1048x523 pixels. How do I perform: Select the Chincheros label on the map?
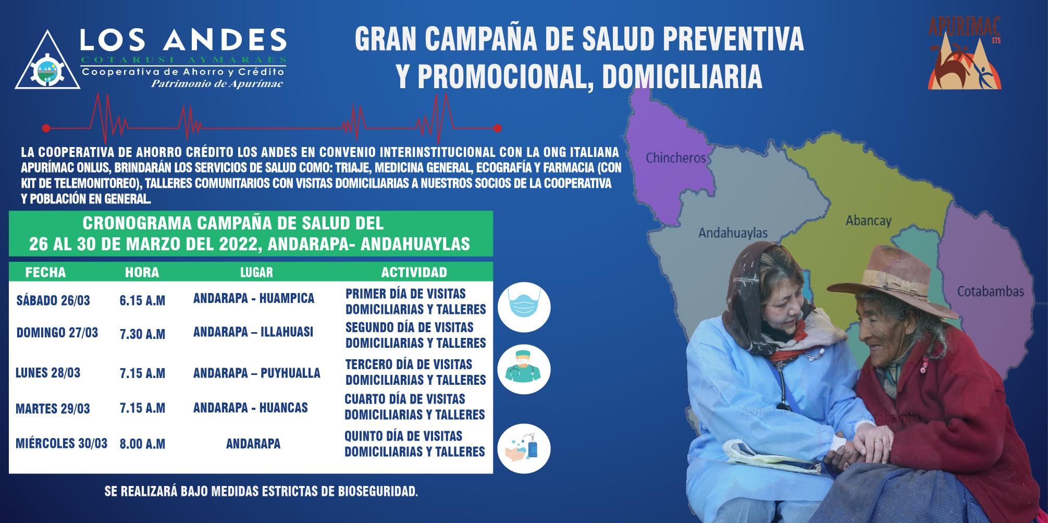(675, 157)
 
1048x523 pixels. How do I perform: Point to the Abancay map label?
(868, 221)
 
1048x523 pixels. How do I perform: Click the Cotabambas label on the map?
(990, 291)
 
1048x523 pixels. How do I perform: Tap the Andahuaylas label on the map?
(733, 233)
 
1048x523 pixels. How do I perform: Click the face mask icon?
(524, 307)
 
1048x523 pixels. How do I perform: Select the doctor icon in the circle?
(524, 369)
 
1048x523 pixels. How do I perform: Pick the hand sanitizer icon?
(524, 449)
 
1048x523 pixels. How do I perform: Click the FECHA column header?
(45, 272)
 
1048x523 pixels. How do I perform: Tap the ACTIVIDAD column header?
(414, 272)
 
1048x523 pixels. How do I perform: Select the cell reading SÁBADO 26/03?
(53, 300)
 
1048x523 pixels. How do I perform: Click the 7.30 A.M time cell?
(142, 334)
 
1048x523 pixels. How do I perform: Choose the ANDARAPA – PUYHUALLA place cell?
(256, 373)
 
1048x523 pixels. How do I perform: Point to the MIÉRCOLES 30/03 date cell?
(61, 444)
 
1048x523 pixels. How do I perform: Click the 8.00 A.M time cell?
(142, 444)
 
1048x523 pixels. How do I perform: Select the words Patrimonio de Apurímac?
(217, 84)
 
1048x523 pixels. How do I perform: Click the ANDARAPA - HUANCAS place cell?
(250, 408)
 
